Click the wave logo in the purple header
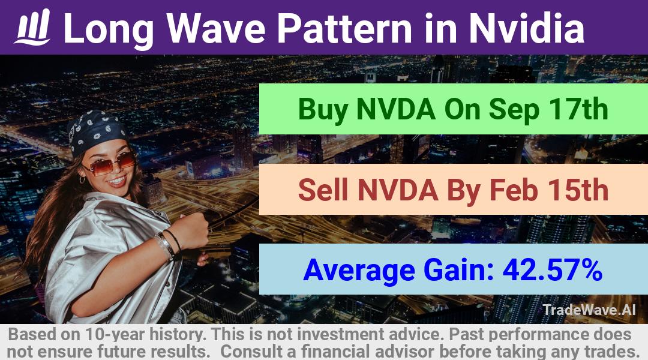32,27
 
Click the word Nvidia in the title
527,28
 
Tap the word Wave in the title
216,28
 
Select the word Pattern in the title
344,28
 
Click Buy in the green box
323,110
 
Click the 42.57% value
552,270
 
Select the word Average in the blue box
359,271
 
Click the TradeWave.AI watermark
589,310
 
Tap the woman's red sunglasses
110,163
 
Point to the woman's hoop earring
82,179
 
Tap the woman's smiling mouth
118,181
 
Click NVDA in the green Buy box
395,109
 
